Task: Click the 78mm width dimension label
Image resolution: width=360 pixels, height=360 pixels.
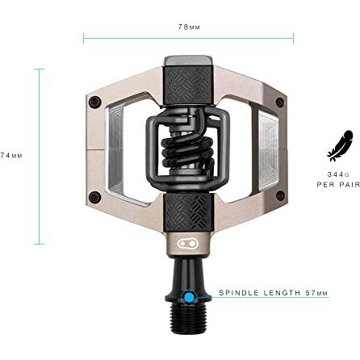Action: point(189,27)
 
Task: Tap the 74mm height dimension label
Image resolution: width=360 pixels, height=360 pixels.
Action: point(11,156)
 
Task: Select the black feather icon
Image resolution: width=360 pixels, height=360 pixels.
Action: point(340,146)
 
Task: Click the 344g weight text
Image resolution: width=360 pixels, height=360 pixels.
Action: point(338,174)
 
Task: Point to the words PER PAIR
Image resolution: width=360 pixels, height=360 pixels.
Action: point(338,185)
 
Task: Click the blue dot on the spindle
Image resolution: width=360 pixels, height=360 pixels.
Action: point(189,297)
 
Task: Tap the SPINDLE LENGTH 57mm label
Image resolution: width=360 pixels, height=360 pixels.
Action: point(274,293)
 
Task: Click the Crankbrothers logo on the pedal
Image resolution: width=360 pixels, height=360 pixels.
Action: point(189,243)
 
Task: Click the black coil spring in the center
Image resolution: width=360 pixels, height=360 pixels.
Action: point(187,153)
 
